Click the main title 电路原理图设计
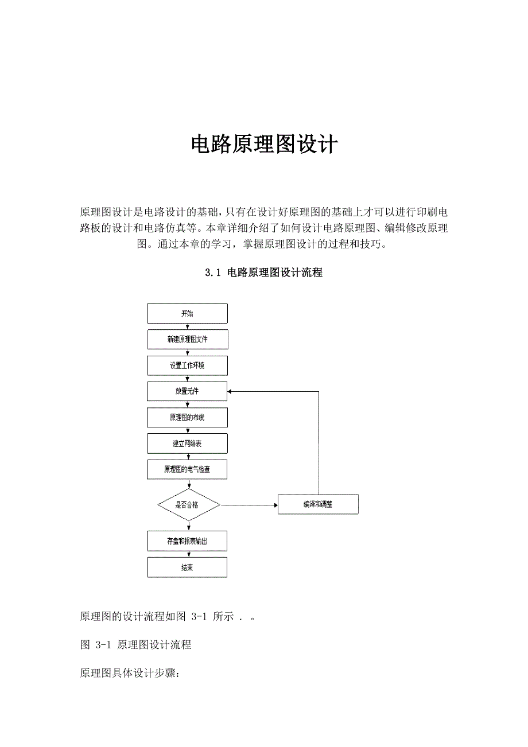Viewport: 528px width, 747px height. tap(264, 145)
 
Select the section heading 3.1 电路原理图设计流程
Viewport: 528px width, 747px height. tap(264, 273)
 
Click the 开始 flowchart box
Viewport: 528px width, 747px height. tap(187, 314)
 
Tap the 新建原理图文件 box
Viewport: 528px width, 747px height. tap(187, 340)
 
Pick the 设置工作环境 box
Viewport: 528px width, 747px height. tap(187, 365)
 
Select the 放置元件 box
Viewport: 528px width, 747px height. tap(187, 392)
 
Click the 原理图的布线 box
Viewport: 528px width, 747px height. tap(187, 418)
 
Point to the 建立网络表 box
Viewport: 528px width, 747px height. tap(187, 443)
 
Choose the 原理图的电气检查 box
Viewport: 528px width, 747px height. tap(187, 469)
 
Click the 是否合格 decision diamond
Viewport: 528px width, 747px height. tap(188, 505)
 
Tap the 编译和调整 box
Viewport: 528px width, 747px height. tap(318, 505)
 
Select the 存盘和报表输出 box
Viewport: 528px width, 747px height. tap(187, 542)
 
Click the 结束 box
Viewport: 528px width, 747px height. tap(187, 567)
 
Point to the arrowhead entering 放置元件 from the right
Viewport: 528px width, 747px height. tap(231, 392)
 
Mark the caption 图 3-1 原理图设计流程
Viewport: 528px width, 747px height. tap(135, 645)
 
